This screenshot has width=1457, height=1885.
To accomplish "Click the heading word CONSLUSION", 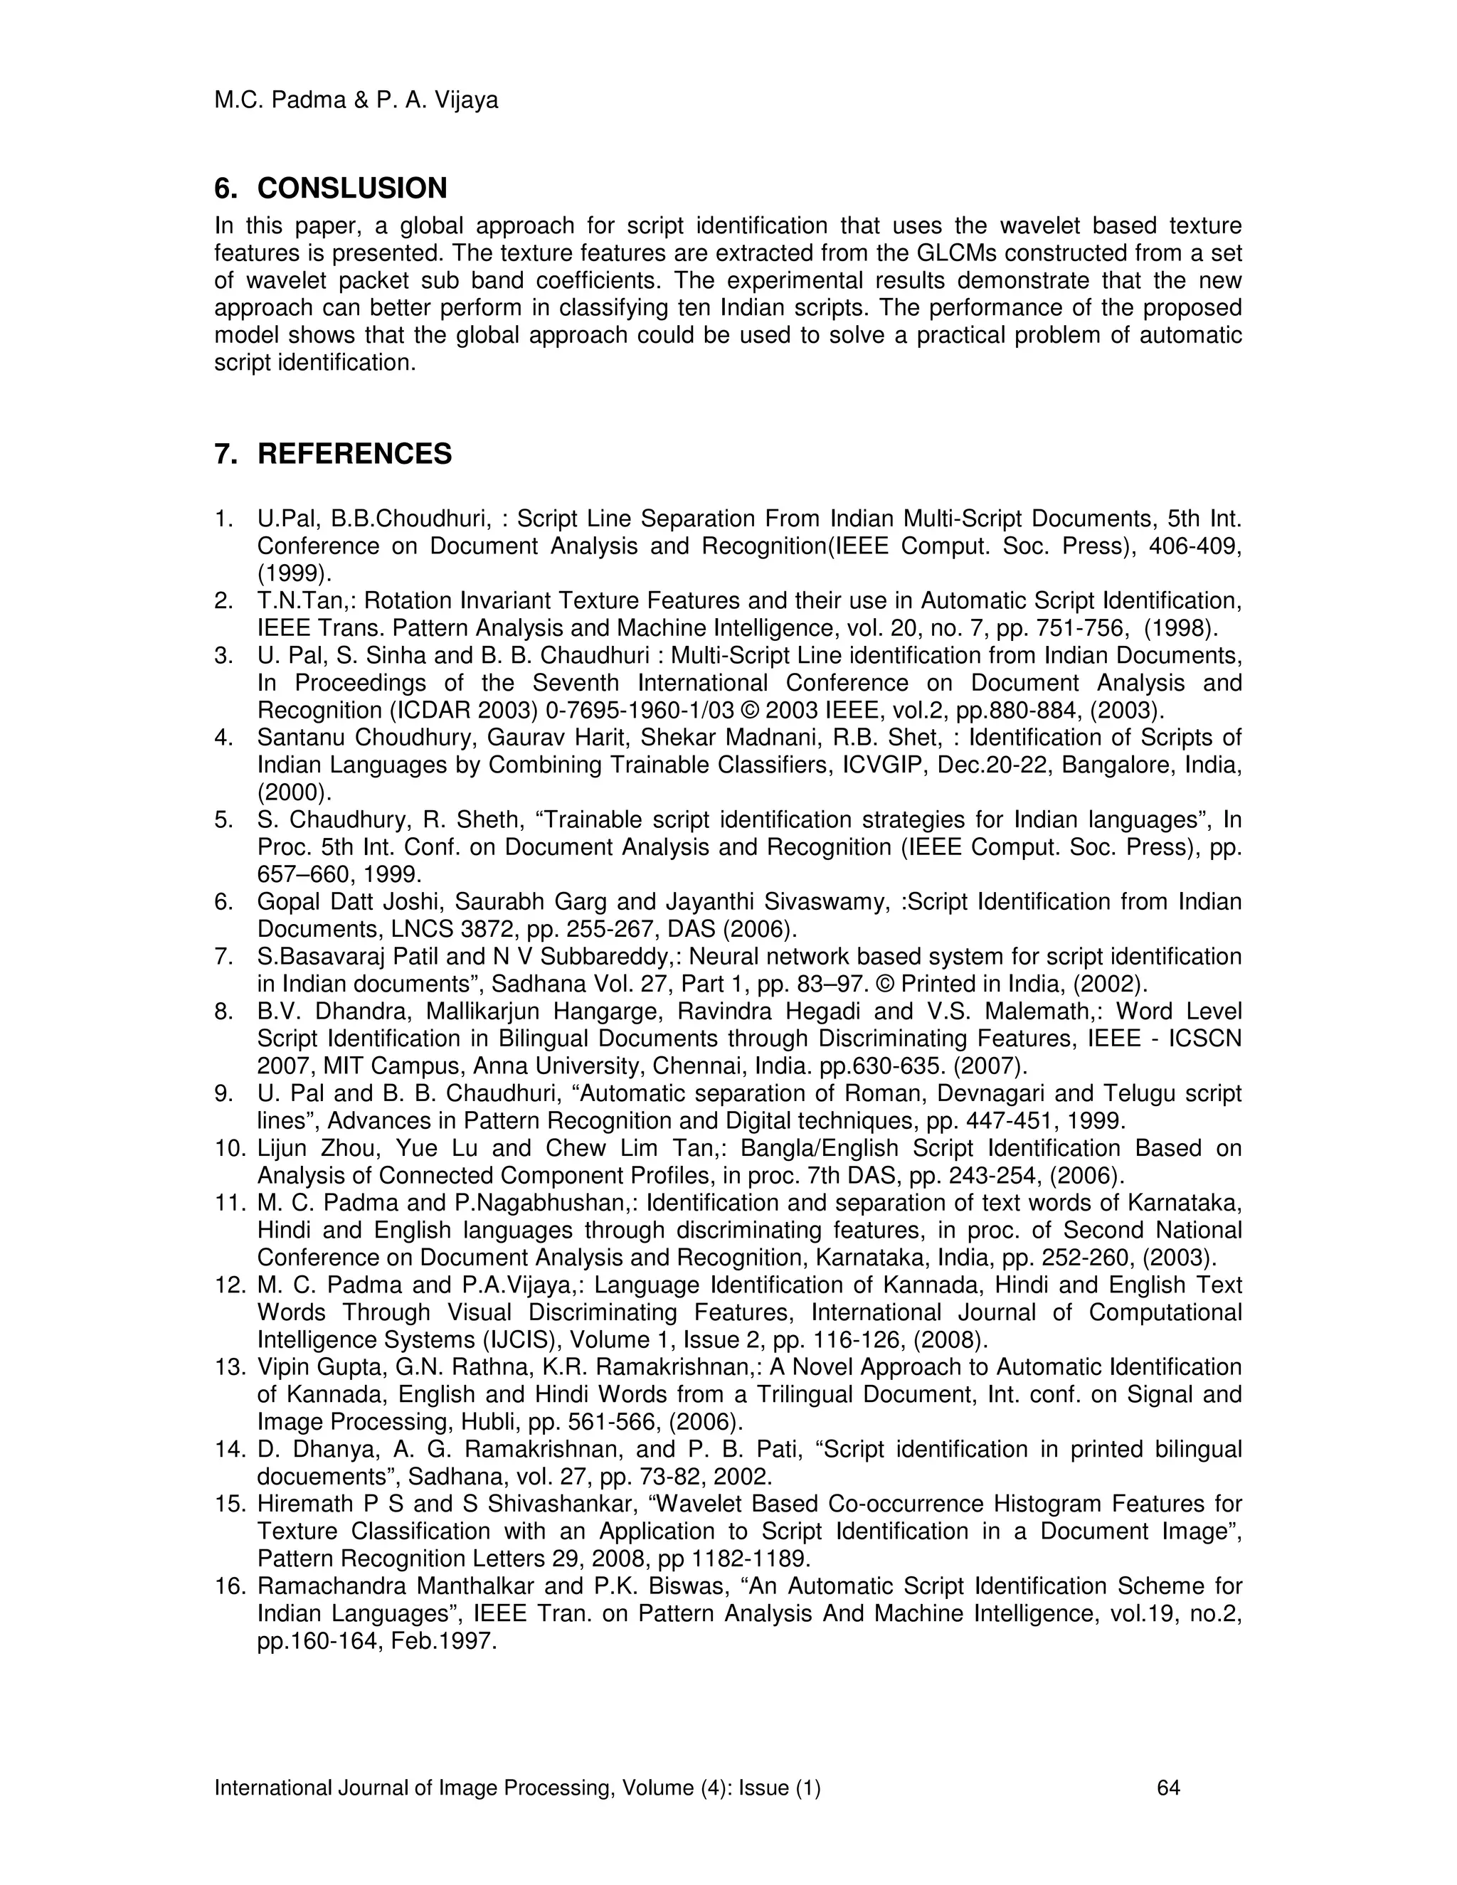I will [x=352, y=188].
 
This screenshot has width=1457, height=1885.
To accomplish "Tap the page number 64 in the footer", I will [x=1168, y=1788].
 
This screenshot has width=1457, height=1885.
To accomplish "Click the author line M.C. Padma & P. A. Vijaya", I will [x=356, y=101].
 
